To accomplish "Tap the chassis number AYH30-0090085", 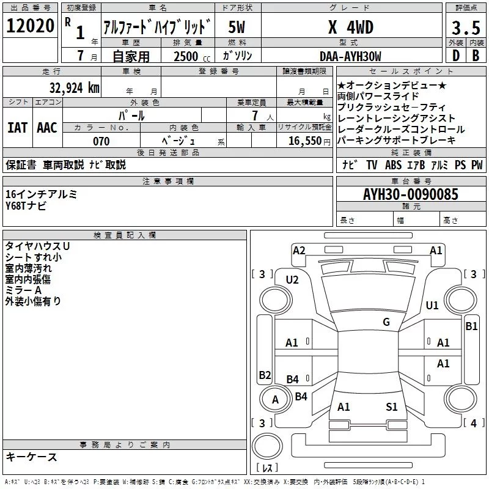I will pos(410,194).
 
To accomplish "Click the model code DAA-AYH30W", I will pos(350,56).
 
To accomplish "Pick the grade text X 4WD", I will pos(350,27).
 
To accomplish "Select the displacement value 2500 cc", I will pos(189,56).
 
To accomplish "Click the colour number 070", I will pos(101,141).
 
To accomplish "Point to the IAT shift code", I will pos(17,128).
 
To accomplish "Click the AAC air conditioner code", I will pos(46,128).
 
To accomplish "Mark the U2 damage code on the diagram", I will pos(292,280).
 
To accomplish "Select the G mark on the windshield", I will pos(386,322).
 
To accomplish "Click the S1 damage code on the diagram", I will pos(392,406).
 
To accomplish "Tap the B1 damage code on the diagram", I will pos(471,326).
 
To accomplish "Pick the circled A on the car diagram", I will pos(275,400).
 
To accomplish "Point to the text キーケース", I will pos(31,457).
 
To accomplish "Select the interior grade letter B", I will pos(476,56).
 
